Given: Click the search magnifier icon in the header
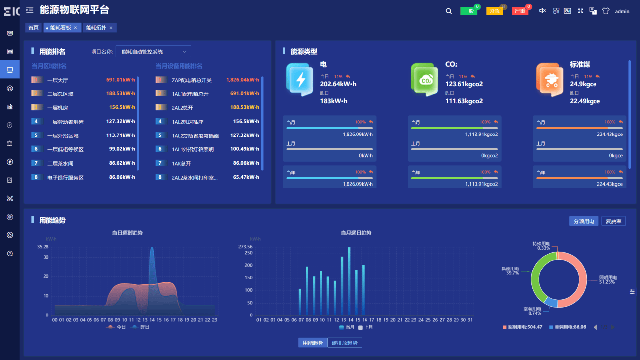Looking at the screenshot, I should (449, 11).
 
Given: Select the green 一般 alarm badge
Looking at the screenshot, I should (468, 11).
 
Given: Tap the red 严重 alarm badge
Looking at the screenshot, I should (520, 11).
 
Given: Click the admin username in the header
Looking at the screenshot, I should (622, 11).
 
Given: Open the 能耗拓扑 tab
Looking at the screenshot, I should (96, 28).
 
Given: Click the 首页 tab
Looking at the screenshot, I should (34, 28).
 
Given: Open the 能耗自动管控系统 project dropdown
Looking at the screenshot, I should (153, 52).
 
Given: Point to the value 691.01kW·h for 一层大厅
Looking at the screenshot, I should (120, 80).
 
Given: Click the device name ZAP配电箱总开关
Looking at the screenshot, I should (191, 80).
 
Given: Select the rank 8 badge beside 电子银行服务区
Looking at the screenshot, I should (36, 177).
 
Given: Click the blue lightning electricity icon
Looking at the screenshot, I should (300, 80).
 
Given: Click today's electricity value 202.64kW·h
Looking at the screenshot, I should (338, 84).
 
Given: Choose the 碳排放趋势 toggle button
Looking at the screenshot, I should (345, 343).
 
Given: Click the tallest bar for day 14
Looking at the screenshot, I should (349, 280).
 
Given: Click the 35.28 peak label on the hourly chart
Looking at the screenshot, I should (43, 247).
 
